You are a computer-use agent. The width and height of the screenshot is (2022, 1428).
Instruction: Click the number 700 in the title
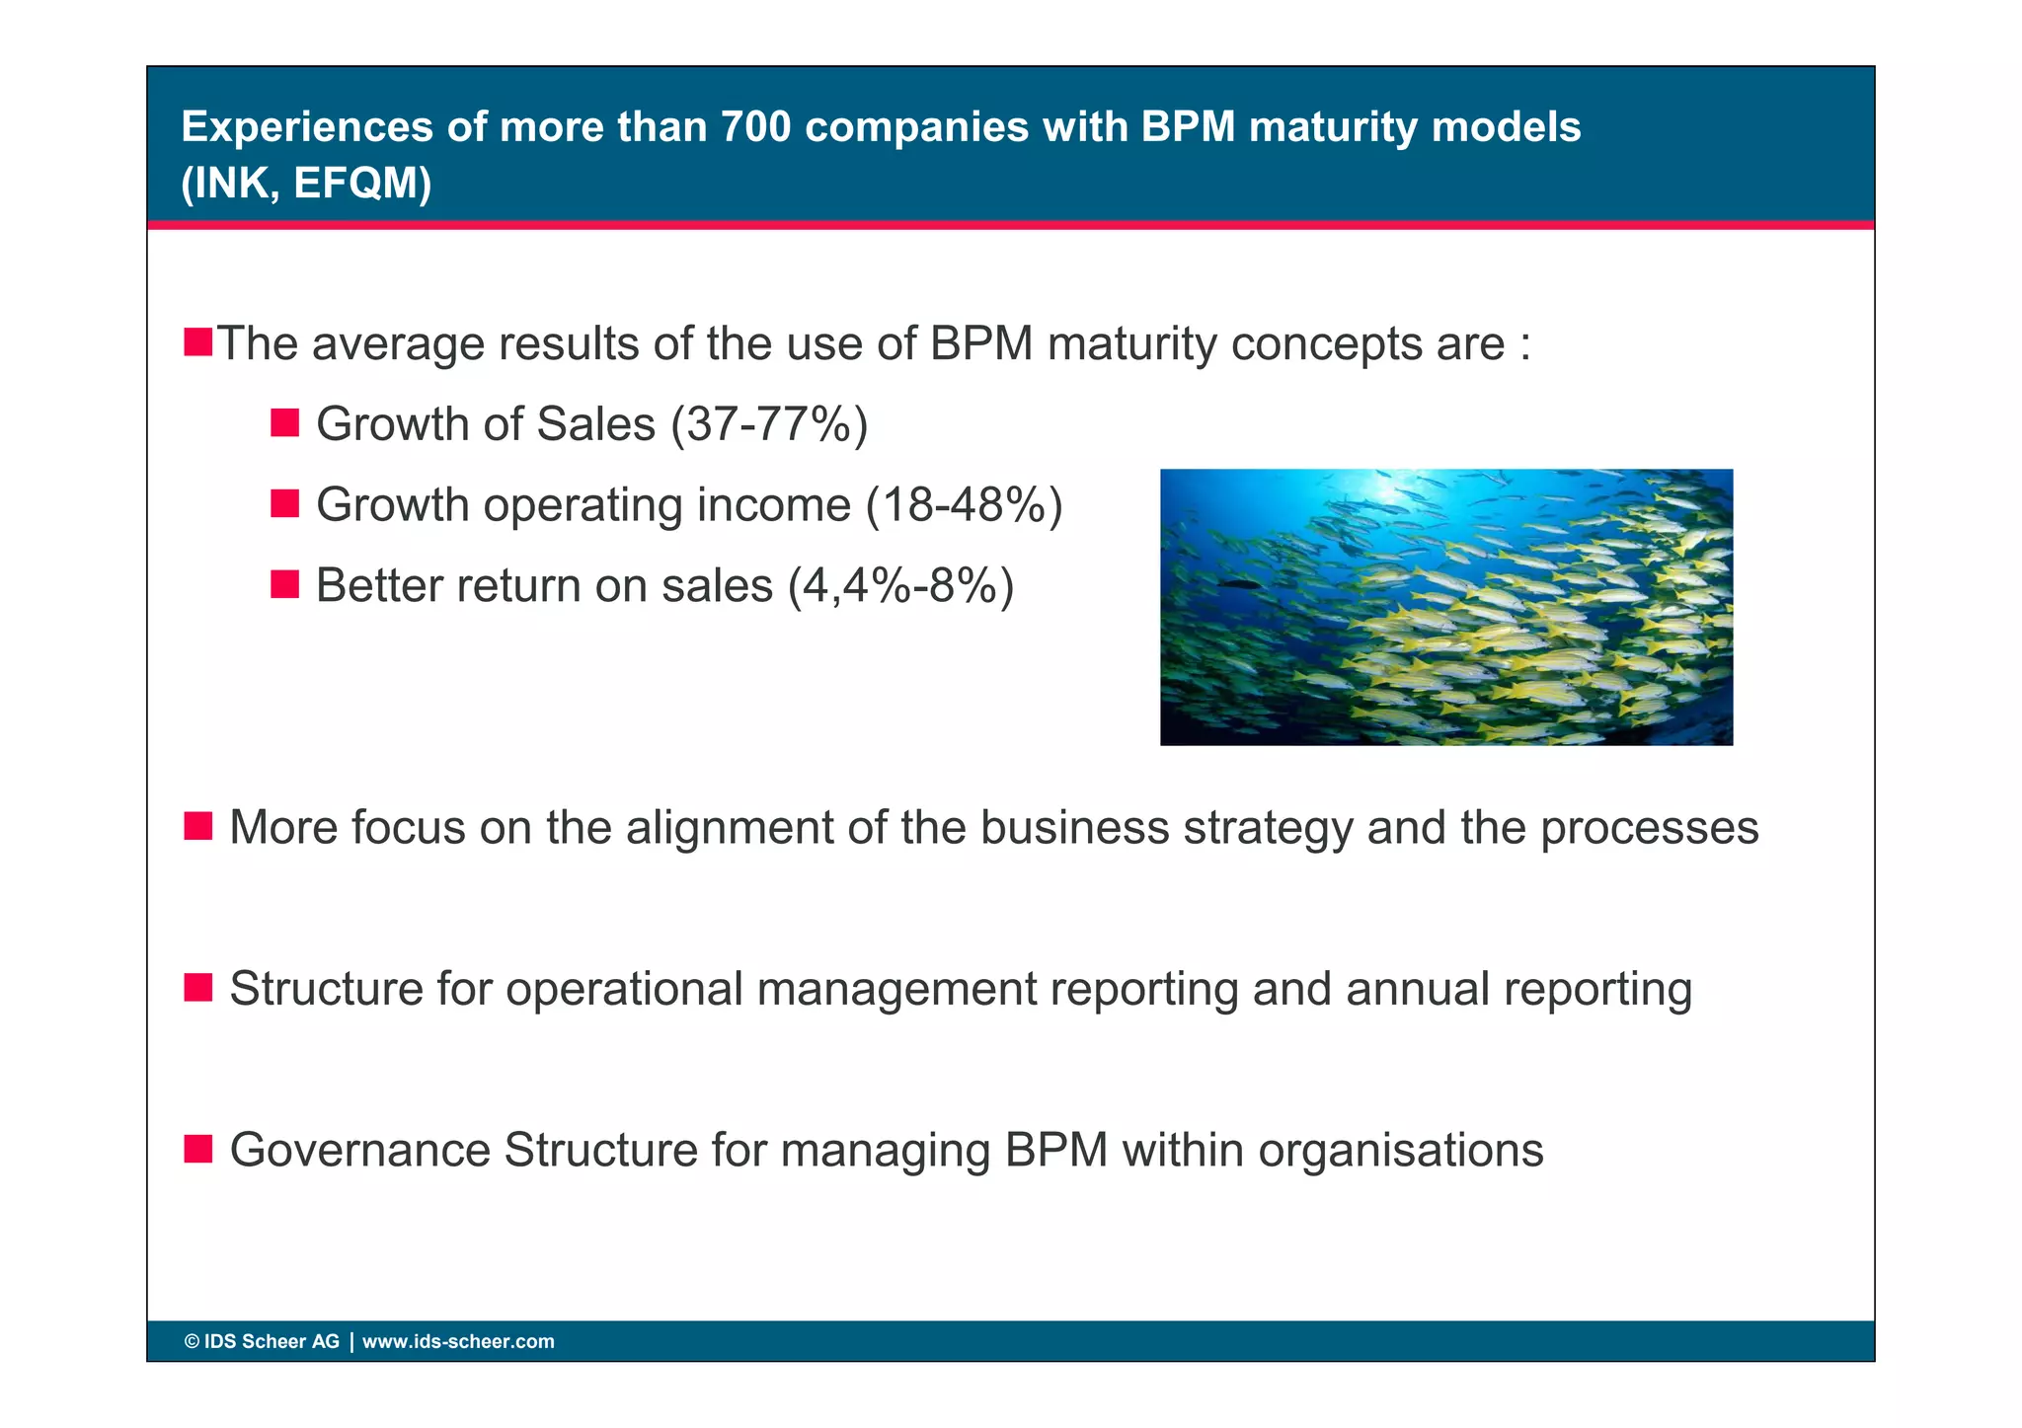tap(755, 126)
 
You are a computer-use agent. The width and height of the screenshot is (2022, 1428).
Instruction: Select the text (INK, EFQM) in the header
tap(306, 183)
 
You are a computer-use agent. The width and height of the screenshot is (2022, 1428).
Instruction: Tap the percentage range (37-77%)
tap(769, 424)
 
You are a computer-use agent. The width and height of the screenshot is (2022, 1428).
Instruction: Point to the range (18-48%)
tap(964, 505)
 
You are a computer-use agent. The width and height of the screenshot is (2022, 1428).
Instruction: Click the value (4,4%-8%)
tap(900, 586)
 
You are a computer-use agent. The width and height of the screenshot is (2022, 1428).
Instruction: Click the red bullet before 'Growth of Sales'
tap(284, 423)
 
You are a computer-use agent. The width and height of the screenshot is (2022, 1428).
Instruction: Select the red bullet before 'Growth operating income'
tap(284, 504)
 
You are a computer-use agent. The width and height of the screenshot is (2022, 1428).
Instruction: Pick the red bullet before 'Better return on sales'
tap(284, 585)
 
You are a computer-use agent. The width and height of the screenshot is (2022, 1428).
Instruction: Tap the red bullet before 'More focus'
tap(198, 826)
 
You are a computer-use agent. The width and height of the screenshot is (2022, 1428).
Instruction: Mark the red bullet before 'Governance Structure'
tap(198, 1149)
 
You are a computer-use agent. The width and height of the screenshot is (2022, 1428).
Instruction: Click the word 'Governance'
tap(359, 1151)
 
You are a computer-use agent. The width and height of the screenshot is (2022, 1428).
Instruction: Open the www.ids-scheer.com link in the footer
tap(458, 1342)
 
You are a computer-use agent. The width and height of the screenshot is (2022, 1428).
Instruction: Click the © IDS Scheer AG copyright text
tap(262, 1342)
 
